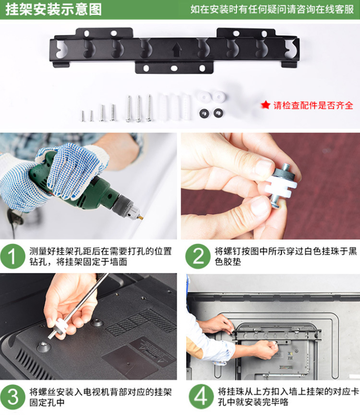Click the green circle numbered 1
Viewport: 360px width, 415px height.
tap(12, 256)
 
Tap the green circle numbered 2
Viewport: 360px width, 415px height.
tap(198, 256)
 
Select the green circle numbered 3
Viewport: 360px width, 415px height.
tap(12, 397)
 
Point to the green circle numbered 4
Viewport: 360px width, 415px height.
tap(201, 397)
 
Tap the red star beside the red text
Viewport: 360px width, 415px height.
tap(265, 105)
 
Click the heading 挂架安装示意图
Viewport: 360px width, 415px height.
tap(54, 10)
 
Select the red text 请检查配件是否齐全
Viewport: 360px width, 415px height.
tap(313, 105)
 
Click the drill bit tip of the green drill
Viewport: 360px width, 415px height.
tap(141, 218)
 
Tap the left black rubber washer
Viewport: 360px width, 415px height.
tap(204, 113)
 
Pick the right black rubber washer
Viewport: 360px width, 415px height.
tap(218, 113)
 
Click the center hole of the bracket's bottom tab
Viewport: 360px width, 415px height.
tap(174, 69)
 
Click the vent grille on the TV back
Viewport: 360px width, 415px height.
tap(140, 321)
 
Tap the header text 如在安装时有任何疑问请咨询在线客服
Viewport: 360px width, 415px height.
tap(272, 9)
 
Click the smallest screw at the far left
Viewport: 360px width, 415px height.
tap(83, 116)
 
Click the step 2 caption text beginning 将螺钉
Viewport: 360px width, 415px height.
tap(286, 256)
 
